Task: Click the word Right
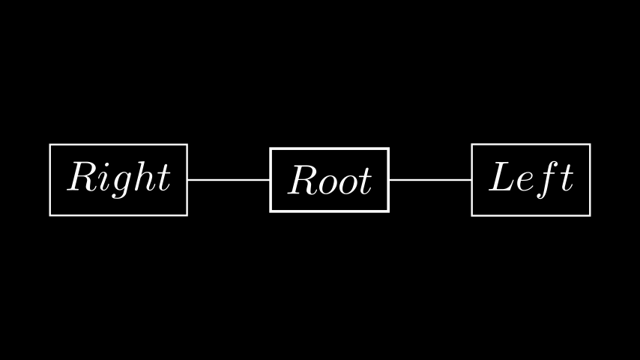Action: pyautogui.click(x=118, y=178)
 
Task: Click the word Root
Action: pyautogui.click(x=330, y=180)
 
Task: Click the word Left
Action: pyautogui.click(x=531, y=179)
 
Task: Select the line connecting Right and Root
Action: pyautogui.click(x=229, y=179)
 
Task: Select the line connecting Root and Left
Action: pyautogui.click(x=430, y=179)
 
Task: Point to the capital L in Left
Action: pyautogui.click(x=501, y=176)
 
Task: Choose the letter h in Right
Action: pyautogui.click(x=145, y=176)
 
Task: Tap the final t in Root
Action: pyautogui.click(x=366, y=181)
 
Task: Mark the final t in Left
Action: pyautogui.click(x=568, y=178)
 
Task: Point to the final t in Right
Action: pyautogui.click(x=164, y=178)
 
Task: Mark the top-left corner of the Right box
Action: pyautogui.click(x=49, y=145)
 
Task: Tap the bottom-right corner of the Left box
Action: pyautogui.click(x=591, y=215)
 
